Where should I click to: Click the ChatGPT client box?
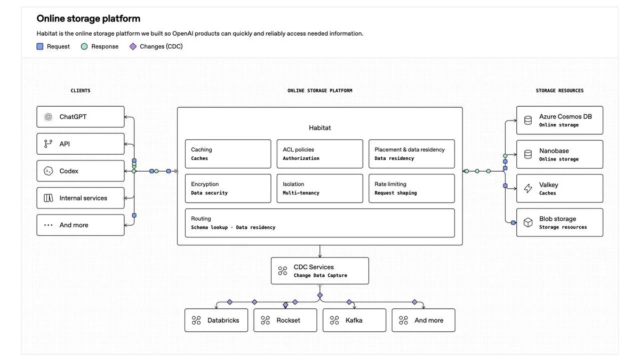click(81, 117)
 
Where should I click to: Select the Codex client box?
click(81, 171)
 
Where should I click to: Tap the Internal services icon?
click(49, 198)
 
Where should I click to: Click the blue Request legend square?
click(40, 46)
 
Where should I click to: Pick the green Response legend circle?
click(84, 46)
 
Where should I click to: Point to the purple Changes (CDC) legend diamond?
click(133, 46)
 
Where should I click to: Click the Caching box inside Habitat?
click(228, 154)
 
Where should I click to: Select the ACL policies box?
click(319, 154)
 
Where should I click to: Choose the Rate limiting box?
click(412, 188)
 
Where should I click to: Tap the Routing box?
click(319, 223)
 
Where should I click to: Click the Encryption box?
click(228, 188)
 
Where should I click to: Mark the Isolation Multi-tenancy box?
click(319, 188)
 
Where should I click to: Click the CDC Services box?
click(319, 271)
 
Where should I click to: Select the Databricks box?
click(217, 320)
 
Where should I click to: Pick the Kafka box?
click(354, 320)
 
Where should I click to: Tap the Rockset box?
click(285, 320)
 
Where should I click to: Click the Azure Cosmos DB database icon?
click(528, 121)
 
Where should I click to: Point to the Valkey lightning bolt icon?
click(528, 188)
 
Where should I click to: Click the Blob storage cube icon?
click(528, 222)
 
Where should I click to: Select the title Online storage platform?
click(89, 19)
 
